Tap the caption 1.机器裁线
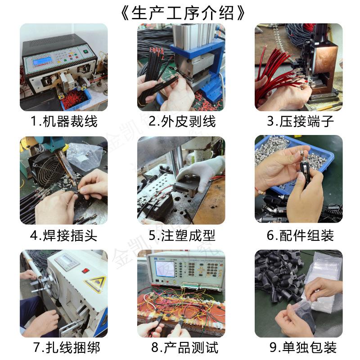coord(63,121)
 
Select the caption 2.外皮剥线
coord(182,121)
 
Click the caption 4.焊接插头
coord(63,235)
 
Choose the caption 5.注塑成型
coord(182,235)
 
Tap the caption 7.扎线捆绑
coord(63,348)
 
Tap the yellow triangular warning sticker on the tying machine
coord(95,284)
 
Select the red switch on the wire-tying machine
coord(85,270)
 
